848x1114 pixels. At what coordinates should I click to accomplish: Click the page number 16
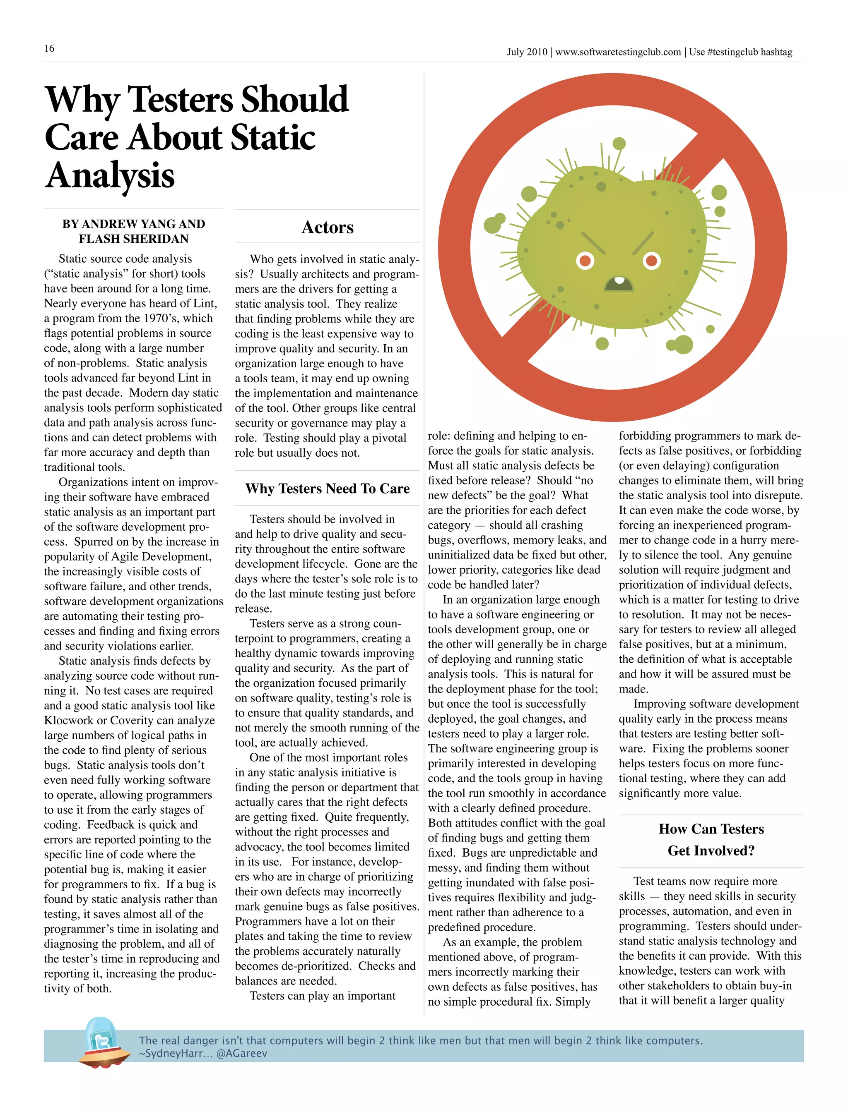[49, 48]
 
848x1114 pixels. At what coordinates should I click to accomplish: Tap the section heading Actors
[327, 228]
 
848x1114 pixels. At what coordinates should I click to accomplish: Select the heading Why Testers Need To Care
[327, 488]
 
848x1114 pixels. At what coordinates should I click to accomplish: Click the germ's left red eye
[585, 261]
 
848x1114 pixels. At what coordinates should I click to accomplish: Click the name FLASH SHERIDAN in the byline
[133, 239]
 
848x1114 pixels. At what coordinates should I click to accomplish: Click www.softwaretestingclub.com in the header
[618, 52]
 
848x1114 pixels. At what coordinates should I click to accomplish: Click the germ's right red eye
[652, 261]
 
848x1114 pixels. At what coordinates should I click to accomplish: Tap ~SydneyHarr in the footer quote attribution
[175, 1054]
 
